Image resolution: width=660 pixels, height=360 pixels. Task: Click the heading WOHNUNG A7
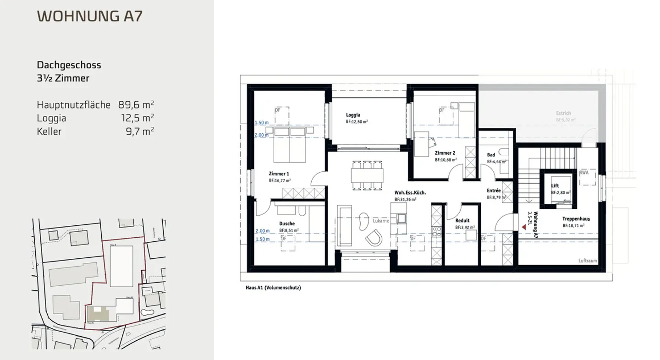pyautogui.click(x=89, y=16)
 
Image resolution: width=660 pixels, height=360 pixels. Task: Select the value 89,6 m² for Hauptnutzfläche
pyautogui.click(x=136, y=104)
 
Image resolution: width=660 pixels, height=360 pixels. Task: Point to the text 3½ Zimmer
pyautogui.click(x=63, y=78)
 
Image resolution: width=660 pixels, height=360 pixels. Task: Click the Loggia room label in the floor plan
pyautogui.click(x=353, y=115)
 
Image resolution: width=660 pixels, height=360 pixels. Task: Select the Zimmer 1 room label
pyautogui.click(x=279, y=174)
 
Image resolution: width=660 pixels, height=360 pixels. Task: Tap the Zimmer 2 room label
pyautogui.click(x=445, y=153)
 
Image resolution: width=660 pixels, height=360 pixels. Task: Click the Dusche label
pyautogui.click(x=286, y=224)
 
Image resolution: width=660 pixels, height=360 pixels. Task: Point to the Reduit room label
pyautogui.click(x=462, y=220)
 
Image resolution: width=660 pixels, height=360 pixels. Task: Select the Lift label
pyautogui.click(x=555, y=185)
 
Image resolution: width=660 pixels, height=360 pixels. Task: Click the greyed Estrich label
pyautogui.click(x=564, y=113)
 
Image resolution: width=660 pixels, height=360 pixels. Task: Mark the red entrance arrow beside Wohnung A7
pyautogui.click(x=522, y=225)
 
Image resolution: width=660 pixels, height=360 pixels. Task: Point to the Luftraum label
pyautogui.click(x=588, y=261)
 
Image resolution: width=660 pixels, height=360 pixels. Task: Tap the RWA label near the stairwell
pyautogui.click(x=584, y=173)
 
